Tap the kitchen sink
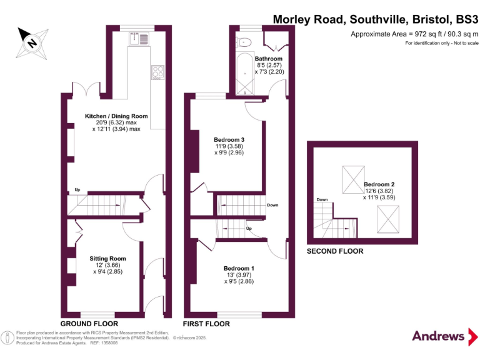(x=137, y=39)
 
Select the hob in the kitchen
(x=157, y=73)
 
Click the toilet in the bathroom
(x=244, y=42)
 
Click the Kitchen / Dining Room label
(x=116, y=116)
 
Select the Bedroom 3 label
(x=229, y=139)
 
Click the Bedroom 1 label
(x=239, y=268)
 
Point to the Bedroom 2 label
(x=379, y=184)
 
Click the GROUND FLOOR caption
(x=89, y=324)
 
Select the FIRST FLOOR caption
(x=206, y=324)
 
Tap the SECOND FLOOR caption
(x=335, y=251)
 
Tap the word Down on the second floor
(x=322, y=200)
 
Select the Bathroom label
(x=269, y=59)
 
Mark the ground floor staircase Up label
(x=77, y=189)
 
